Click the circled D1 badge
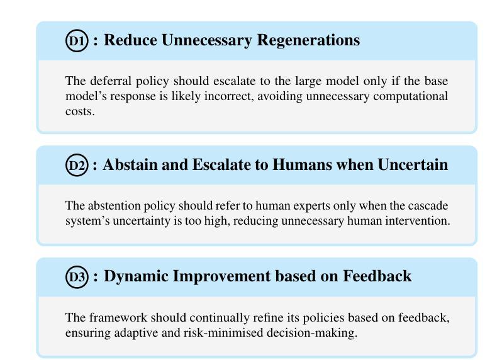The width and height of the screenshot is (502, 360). click(x=77, y=41)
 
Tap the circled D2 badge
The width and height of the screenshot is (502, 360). click(x=77, y=165)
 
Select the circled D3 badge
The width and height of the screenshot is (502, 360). click(x=77, y=277)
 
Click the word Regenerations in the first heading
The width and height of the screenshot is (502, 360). click(x=308, y=40)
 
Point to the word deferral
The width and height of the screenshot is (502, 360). click(x=111, y=81)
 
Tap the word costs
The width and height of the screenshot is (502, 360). click(x=80, y=111)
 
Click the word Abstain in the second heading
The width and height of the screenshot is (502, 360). click(x=130, y=165)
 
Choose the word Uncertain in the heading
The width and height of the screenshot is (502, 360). click(x=413, y=165)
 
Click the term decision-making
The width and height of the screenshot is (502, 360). click(x=312, y=333)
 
